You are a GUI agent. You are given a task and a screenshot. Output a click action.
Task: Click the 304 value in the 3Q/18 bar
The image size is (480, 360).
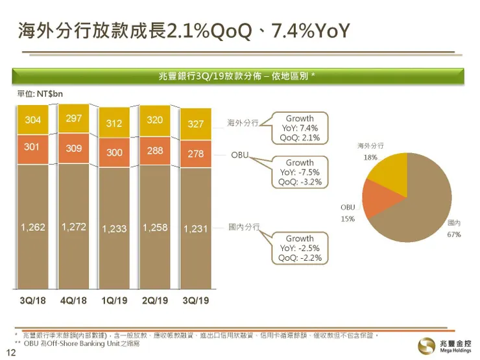pyautogui.click(x=32, y=120)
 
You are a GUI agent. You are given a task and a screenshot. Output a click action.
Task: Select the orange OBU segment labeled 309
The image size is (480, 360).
pyautogui.click(x=73, y=149)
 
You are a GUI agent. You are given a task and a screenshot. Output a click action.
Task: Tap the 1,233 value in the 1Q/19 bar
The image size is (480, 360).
pyautogui.click(x=114, y=229)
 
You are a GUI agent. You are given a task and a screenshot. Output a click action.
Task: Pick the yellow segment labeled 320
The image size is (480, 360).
pyautogui.click(x=154, y=120)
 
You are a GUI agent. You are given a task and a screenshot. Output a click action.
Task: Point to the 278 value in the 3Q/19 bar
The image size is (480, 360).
pyautogui.click(x=195, y=154)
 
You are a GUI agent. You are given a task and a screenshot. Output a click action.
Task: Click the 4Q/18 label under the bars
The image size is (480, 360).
pyautogui.click(x=73, y=300)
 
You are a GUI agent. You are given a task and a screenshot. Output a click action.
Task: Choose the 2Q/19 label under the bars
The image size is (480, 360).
pyautogui.click(x=155, y=300)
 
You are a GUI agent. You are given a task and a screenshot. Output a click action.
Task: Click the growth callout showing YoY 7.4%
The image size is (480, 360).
pyautogui.click(x=299, y=128)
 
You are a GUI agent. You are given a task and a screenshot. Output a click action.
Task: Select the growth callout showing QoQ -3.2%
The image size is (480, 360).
pyautogui.click(x=299, y=173)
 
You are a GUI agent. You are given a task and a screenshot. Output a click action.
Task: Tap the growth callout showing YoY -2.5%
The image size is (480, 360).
pyautogui.click(x=299, y=248)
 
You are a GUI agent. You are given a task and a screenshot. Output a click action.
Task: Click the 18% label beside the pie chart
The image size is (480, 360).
pyautogui.click(x=370, y=158)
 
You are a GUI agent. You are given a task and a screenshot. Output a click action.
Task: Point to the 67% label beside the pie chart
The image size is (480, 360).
pyautogui.click(x=453, y=234)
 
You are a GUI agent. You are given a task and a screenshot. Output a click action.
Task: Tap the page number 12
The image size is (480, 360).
pyautogui.click(x=10, y=352)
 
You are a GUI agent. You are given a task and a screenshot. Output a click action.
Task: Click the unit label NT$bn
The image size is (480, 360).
pyautogui.click(x=39, y=94)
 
